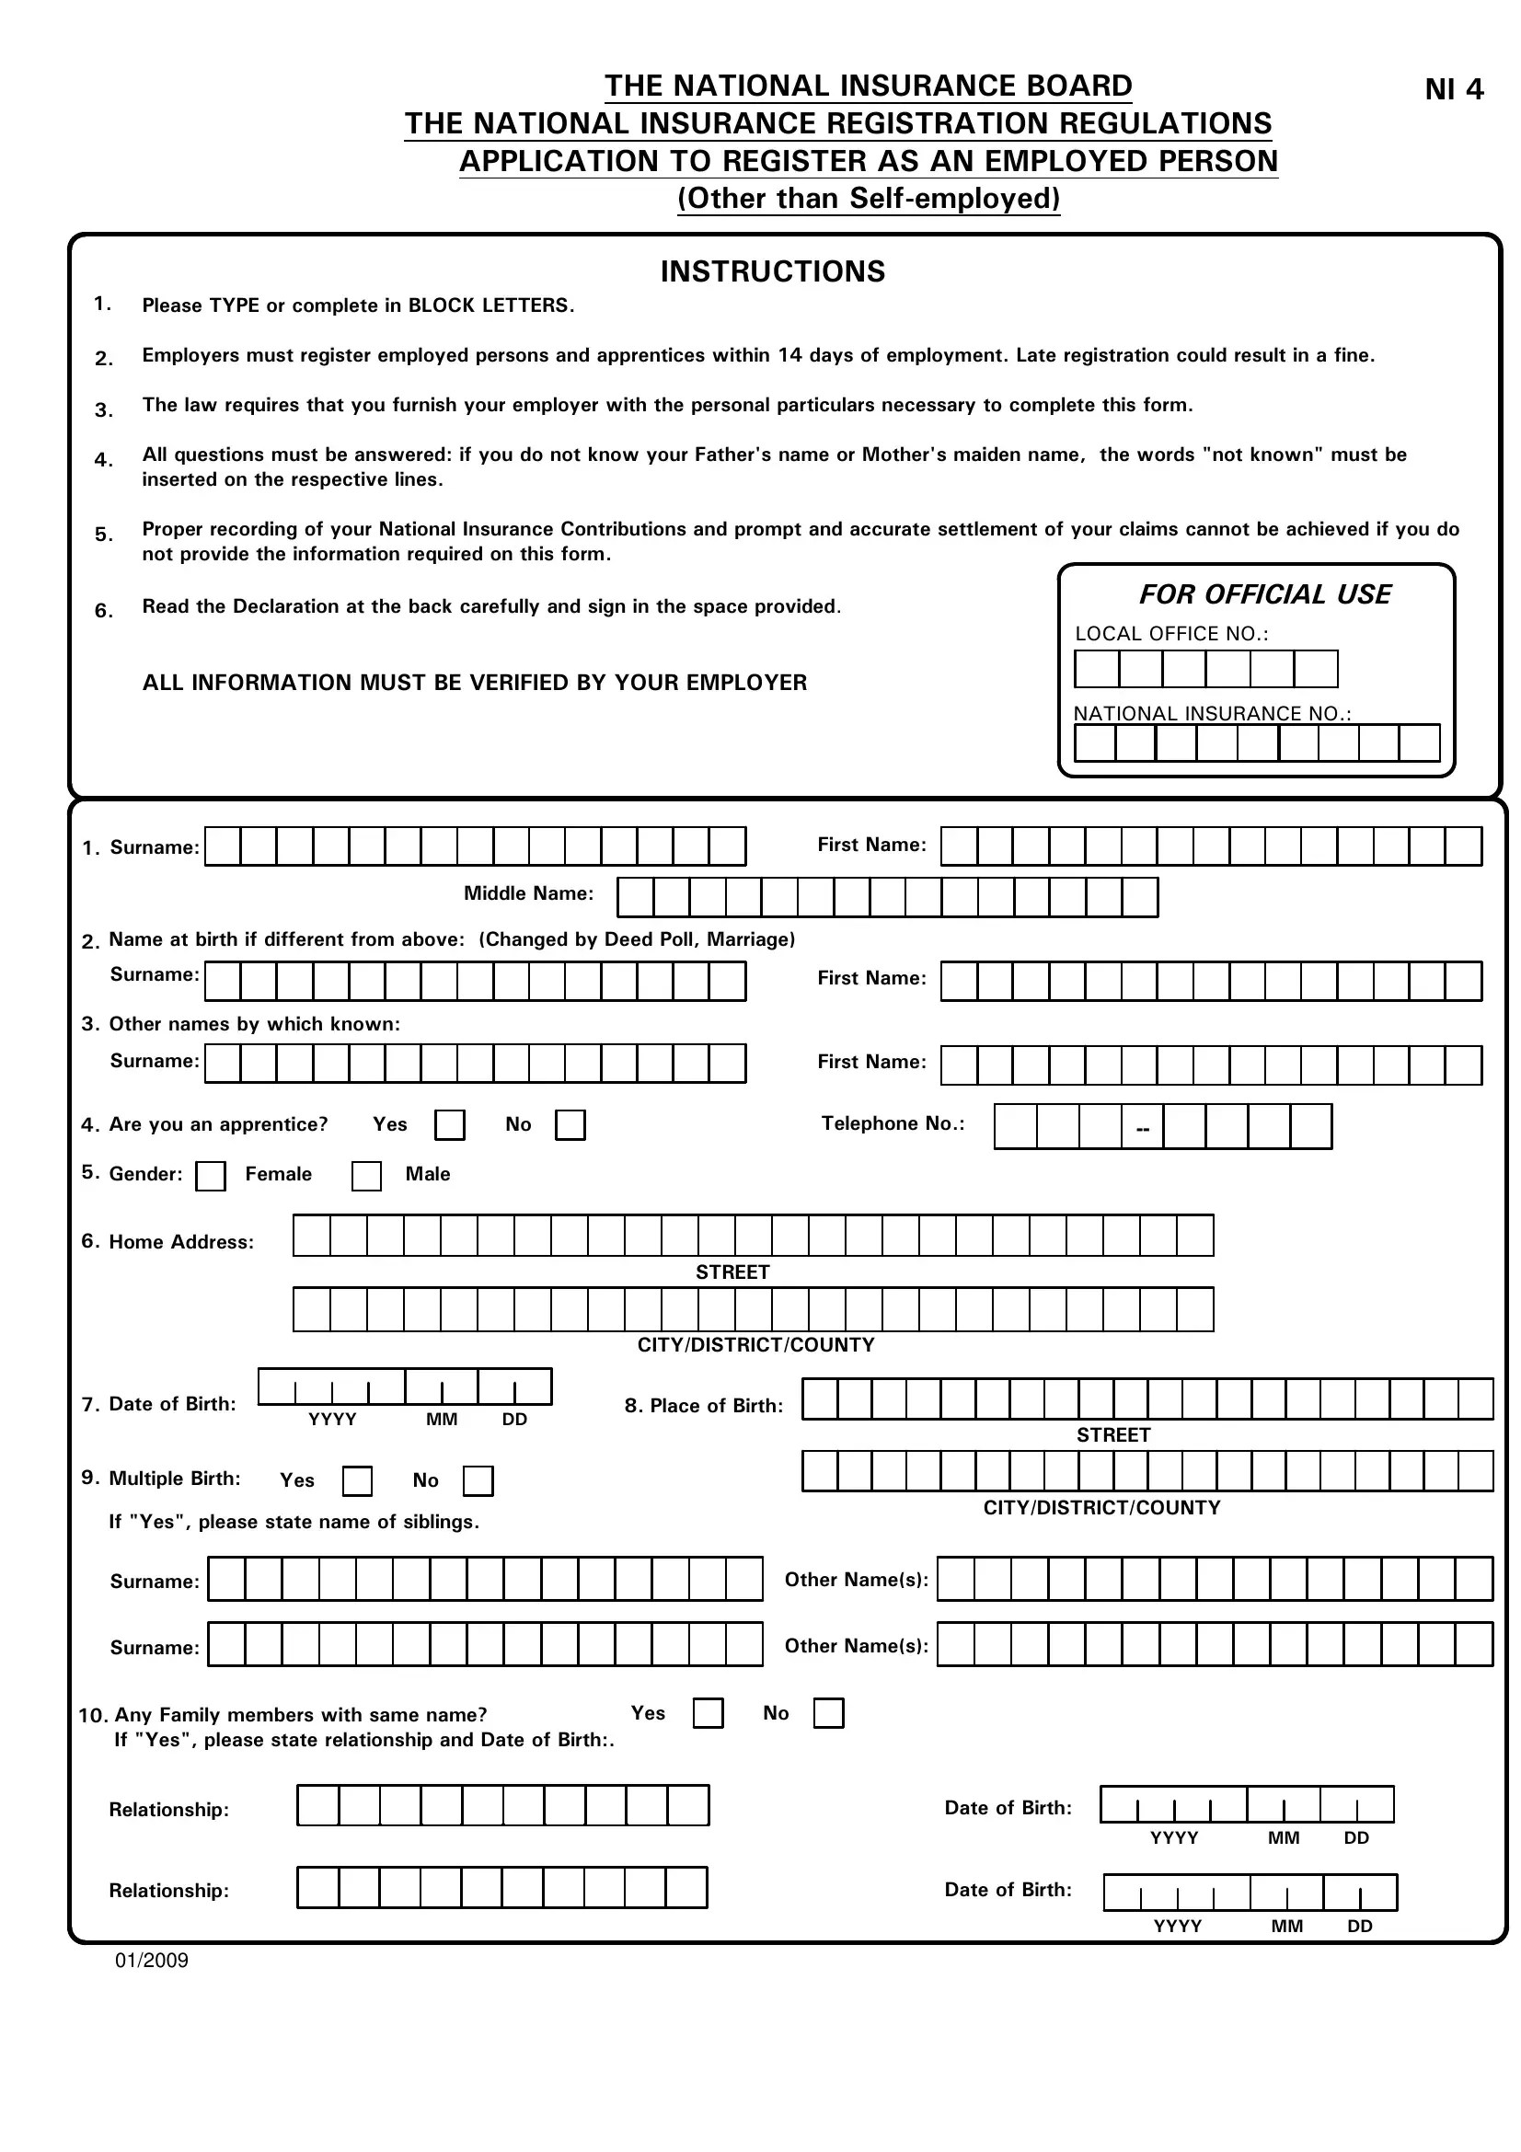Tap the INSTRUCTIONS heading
[x=772, y=271]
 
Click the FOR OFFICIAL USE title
[x=1264, y=594]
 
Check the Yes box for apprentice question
[x=450, y=1124]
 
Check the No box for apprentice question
[x=570, y=1124]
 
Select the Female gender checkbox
[x=211, y=1175]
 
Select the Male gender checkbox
[x=366, y=1175]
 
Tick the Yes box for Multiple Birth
[x=357, y=1481]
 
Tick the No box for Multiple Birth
[x=478, y=1481]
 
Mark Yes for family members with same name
[x=708, y=1713]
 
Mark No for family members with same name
[x=828, y=1713]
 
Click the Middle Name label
[x=528, y=893]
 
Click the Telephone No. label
[x=893, y=1122]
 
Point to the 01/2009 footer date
[x=152, y=1961]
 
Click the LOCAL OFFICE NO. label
[x=1171, y=634]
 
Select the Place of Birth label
[x=704, y=1406]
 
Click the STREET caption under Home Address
[x=732, y=1272]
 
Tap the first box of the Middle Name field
[x=636, y=898]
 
